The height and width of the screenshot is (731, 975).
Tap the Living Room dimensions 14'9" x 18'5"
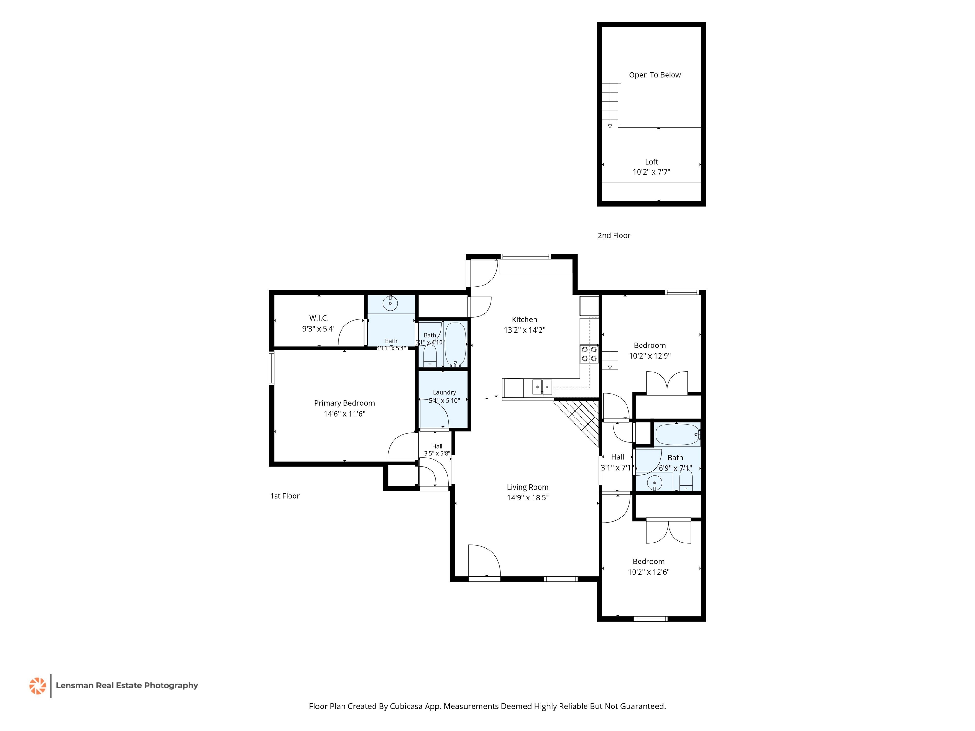click(x=527, y=497)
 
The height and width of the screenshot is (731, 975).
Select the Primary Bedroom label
click(x=344, y=403)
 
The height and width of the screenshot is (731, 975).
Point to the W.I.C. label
click(x=319, y=318)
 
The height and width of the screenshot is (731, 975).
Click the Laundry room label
click(x=444, y=392)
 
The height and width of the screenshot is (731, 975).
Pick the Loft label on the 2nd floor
click(x=652, y=162)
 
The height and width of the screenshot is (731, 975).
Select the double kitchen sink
click(x=542, y=387)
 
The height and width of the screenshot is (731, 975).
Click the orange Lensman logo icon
click(x=37, y=686)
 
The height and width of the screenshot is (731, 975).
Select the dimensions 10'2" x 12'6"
click(x=648, y=572)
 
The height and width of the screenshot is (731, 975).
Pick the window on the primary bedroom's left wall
click(x=271, y=368)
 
